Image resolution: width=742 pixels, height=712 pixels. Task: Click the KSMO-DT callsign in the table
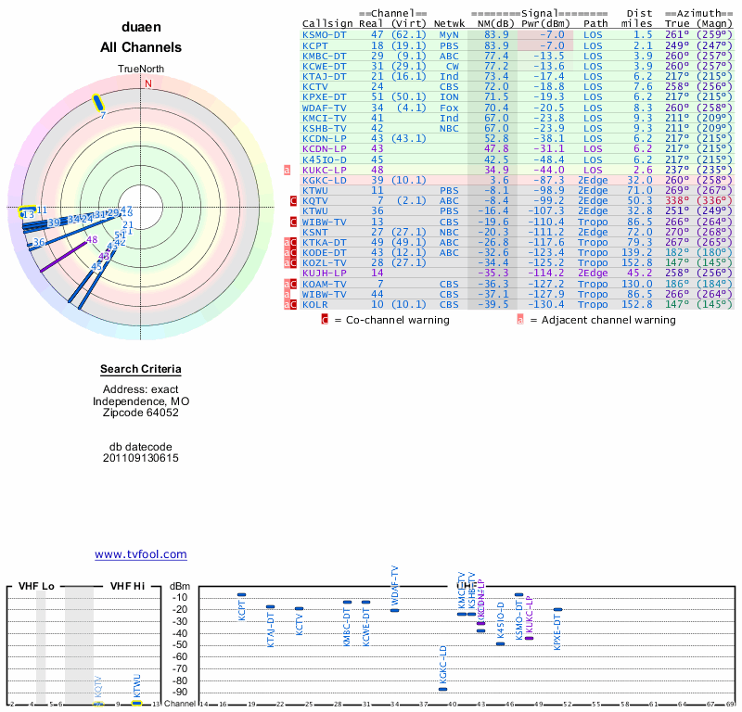tap(324, 34)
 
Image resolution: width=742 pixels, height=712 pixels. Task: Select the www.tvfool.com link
tap(141, 554)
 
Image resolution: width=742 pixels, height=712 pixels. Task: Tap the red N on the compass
tap(147, 83)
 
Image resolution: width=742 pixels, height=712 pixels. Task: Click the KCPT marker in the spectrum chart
tap(241, 594)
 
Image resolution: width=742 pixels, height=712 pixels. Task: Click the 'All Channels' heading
tap(141, 47)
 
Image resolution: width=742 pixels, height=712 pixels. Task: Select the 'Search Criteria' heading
tap(141, 370)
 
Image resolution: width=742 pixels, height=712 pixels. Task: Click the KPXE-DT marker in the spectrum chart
tap(557, 609)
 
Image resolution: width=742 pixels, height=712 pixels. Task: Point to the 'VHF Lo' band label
tap(36, 586)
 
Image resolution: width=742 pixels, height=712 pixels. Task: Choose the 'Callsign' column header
tap(327, 24)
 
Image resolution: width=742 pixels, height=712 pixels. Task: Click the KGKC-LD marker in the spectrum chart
tap(442, 689)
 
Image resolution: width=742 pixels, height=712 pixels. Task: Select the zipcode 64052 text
tap(141, 413)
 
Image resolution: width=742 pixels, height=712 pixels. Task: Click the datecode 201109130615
tap(141, 458)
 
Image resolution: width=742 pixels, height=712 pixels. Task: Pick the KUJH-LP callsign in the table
tap(324, 273)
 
